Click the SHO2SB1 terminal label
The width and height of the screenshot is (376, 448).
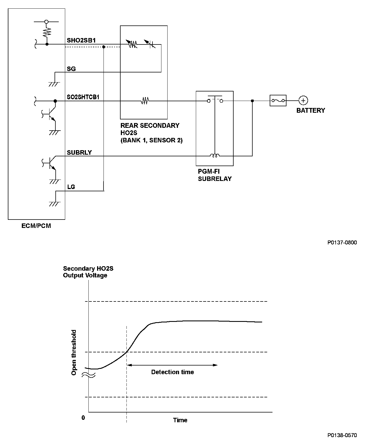click(x=81, y=40)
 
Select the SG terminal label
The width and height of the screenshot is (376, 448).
click(x=71, y=69)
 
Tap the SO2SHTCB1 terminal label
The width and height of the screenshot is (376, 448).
click(x=83, y=97)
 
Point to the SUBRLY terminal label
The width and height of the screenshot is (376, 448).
click(x=79, y=152)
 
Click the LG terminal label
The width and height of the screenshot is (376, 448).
click(x=71, y=187)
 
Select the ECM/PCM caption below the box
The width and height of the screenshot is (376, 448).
click(x=36, y=226)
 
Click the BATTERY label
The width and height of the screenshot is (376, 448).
click(x=311, y=110)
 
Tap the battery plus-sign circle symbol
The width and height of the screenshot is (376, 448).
click(x=303, y=100)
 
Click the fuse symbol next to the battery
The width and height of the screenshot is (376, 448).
click(x=278, y=100)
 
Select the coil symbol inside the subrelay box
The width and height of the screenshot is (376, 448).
click(x=215, y=155)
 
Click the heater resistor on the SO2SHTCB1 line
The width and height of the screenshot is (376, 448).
click(x=145, y=101)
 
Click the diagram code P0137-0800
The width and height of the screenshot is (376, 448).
click(x=342, y=242)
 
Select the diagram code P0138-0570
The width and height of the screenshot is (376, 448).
click(x=342, y=435)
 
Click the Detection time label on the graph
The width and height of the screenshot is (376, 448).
click(x=172, y=372)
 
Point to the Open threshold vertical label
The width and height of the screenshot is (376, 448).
click(x=74, y=352)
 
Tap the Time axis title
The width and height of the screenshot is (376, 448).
click(x=180, y=420)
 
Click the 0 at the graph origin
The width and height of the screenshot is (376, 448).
click(x=83, y=418)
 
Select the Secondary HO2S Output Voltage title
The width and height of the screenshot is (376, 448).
click(x=88, y=272)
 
